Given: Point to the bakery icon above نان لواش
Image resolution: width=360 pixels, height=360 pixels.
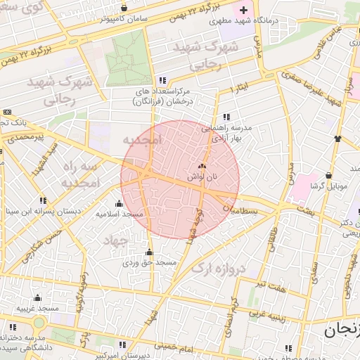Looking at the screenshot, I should pos(202,167).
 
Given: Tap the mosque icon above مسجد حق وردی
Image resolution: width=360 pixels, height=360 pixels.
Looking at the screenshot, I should pos(148,252).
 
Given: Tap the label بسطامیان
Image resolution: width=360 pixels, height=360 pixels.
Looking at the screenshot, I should pos(241,210).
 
